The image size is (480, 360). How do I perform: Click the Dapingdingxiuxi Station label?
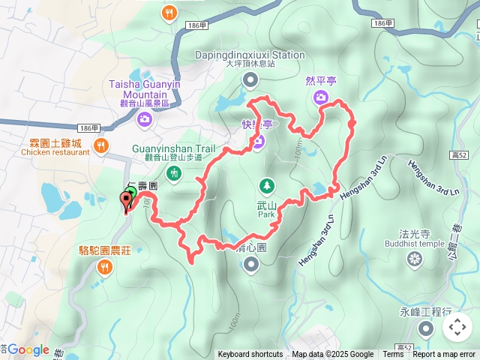pyautogui.click(x=250, y=55)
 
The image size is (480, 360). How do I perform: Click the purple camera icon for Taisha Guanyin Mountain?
pyautogui.click(x=145, y=118)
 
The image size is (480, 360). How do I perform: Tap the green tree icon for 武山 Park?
pyautogui.click(x=265, y=184)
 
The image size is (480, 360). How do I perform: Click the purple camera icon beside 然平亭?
pyautogui.click(x=321, y=97)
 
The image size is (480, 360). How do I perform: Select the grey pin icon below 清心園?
pyautogui.click(x=250, y=263)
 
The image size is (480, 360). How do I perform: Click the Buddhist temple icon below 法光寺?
pyautogui.click(x=413, y=259)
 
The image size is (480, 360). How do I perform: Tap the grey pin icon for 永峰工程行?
pyautogui.click(x=426, y=328)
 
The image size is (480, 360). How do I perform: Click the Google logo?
pyautogui.click(x=28, y=349)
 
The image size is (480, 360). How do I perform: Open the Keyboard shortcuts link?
pyautogui.click(x=250, y=355)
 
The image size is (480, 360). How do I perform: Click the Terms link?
pyautogui.click(x=393, y=355)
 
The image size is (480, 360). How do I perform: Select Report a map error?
pyautogui.click(x=444, y=355)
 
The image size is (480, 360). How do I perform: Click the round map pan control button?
pyautogui.click(x=457, y=327)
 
